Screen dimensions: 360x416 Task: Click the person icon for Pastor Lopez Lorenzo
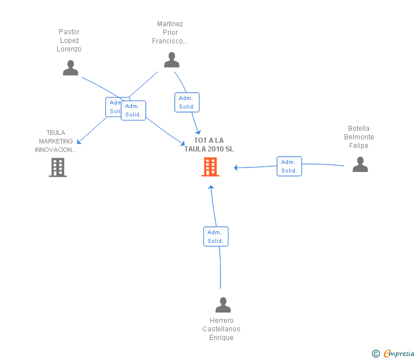70,68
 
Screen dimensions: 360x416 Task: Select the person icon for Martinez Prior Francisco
171,60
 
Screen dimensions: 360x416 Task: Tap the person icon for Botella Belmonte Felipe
360,165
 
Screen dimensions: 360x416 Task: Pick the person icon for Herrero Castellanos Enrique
223,305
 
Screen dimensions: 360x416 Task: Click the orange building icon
210,167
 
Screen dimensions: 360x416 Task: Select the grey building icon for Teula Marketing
58,167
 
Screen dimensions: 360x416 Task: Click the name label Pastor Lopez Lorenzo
69,41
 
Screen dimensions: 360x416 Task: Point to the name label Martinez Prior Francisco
170,33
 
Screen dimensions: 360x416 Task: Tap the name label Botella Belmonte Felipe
359,137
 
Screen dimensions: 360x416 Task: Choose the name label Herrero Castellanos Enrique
221,329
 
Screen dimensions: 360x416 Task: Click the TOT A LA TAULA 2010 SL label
209,145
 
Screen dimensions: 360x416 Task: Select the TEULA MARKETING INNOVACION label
56,141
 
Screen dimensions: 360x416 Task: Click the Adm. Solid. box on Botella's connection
289,166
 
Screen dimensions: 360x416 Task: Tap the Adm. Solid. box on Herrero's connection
215,237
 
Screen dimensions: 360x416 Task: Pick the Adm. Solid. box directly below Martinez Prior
187,102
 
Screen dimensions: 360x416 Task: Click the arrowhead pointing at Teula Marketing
79,142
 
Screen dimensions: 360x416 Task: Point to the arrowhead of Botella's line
236,168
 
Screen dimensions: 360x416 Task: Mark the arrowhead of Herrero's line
211,187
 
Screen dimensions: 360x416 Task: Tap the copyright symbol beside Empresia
376,354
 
